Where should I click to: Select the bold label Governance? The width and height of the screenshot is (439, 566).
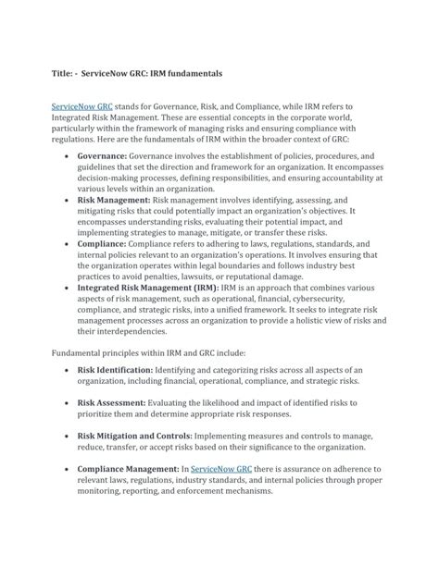[114, 158]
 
